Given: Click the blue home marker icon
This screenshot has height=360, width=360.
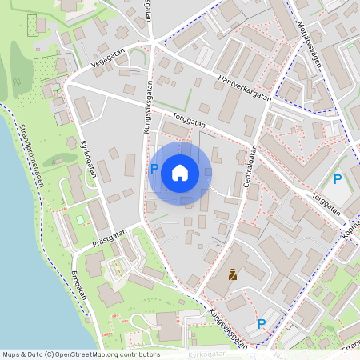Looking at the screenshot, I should point(180,172).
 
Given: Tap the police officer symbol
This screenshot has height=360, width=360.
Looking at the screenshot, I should point(233,275).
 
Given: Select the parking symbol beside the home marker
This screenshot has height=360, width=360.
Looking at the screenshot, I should point(154,169).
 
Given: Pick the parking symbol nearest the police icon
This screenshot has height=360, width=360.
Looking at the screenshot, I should point(261,324).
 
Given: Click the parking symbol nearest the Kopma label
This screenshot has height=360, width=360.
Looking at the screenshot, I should point(338,180).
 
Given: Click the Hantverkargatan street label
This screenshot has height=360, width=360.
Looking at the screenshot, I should point(245,89).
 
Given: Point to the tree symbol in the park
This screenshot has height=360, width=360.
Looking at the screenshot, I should point(17,82).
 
